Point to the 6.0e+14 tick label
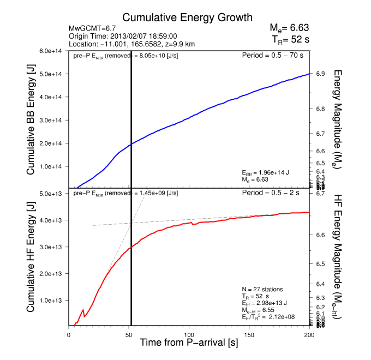coord(52,51)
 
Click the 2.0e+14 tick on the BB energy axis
coord(52,143)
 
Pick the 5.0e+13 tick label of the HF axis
coord(52,194)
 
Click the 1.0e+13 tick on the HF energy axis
coord(52,301)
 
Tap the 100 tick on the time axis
coord(189,333)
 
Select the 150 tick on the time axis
coord(249,333)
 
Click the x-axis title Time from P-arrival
coord(188,344)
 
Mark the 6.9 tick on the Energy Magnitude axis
coord(320,74)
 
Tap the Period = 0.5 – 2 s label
coord(276,194)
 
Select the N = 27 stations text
coord(263,289)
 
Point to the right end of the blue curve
coord(309,74)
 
